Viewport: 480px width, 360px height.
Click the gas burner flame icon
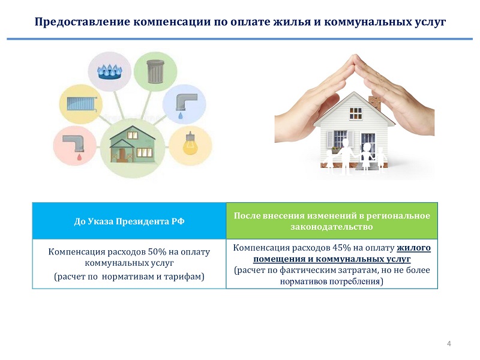click(x=109, y=72)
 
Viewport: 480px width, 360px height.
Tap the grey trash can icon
click(x=155, y=71)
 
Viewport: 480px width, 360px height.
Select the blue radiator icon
click(x=82, y=103)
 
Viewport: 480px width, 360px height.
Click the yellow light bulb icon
click(x=190, y=143)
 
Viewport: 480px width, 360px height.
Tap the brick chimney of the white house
click(x=374, y=103)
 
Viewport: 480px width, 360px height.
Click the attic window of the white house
click(x=355, y=113)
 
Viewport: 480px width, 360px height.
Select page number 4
click(x=449, y=343)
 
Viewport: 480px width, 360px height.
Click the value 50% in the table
click(x=157, y=251)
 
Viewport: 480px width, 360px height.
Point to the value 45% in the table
click(x=341, y=248)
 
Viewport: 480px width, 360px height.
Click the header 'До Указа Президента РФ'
click(x=129, y=221)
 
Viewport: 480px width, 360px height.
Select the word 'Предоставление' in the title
click(x=83, y=22)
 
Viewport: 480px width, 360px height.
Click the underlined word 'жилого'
click(x=413, y=248)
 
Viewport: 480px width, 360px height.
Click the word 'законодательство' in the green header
click(x=332, y=227)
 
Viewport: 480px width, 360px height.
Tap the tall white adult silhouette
click(x=344, y=156)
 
